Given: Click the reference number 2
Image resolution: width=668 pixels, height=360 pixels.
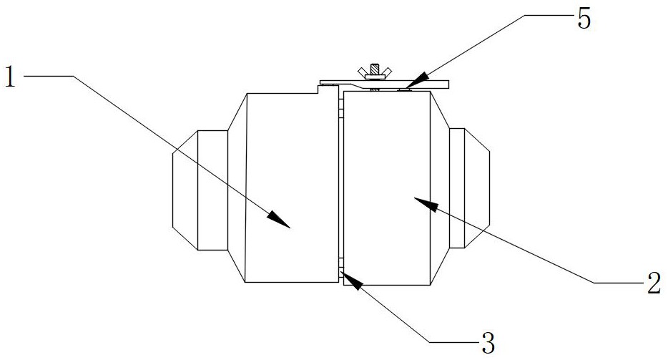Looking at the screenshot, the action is [x=654, y=283].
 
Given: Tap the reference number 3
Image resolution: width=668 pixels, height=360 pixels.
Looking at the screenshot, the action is [x=488, y=343].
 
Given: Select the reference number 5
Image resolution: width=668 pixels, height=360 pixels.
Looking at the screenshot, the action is [x=584, y=19].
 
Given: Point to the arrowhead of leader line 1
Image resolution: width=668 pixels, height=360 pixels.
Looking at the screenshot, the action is [x=279, y=220].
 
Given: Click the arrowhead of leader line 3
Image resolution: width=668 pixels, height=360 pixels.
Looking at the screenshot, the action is [x=351, y=280].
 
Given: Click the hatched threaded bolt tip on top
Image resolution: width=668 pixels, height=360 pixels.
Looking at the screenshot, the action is [x=375, y=69].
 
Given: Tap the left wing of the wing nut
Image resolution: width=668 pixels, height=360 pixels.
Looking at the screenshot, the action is [x=363, y=72].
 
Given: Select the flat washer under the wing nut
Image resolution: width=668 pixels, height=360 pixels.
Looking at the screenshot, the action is [x=375, y=77].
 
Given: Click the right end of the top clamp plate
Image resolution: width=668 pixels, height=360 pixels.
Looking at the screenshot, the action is [x=448, y=84].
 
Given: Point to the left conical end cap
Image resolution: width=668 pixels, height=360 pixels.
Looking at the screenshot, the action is [x=185, y=190].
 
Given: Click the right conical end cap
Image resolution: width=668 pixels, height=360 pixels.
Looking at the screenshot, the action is [x=477, y=188].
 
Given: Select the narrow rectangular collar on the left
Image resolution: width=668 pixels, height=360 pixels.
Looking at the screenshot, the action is [x=212, y=190].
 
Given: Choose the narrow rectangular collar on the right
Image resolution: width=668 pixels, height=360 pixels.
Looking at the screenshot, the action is [x=457, y=188].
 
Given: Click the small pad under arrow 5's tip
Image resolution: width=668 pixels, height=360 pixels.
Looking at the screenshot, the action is [x=403, y=89].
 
